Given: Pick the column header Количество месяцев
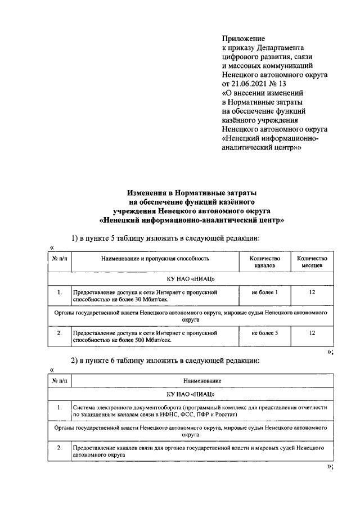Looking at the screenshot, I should coord(312,260).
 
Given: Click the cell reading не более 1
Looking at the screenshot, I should coord(264,292).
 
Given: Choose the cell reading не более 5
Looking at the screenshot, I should coord(264,334).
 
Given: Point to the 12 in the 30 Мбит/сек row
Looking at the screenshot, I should coord(312,292).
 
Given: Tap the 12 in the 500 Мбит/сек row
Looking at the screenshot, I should coord(312,334).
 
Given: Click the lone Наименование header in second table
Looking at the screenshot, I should coord(201,381).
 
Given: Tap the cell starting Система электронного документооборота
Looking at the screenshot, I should coord(201,410).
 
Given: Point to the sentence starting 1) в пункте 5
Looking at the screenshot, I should coord(165,238).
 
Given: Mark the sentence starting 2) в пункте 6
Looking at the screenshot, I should coord(165,361).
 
